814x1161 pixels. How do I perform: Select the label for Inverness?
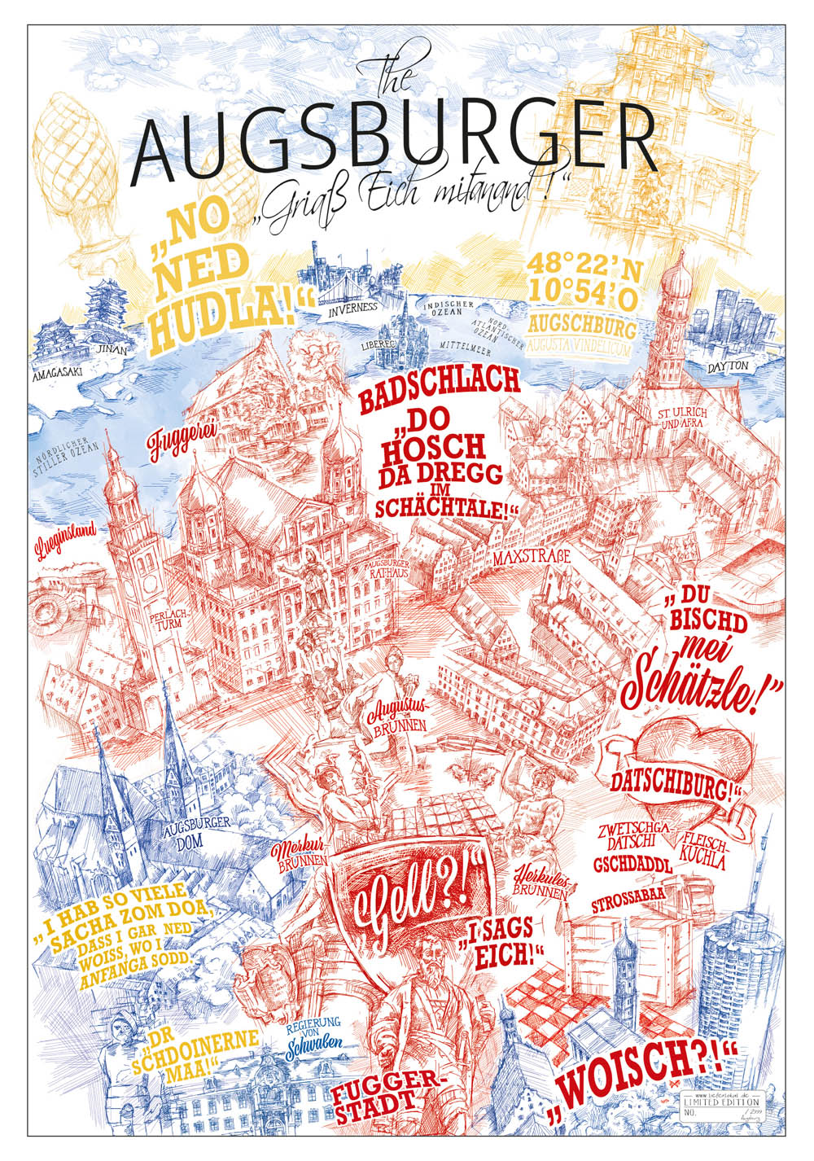click(349, 308)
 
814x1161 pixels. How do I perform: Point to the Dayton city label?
click(726, 366)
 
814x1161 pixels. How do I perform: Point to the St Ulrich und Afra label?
click(684, 418)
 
